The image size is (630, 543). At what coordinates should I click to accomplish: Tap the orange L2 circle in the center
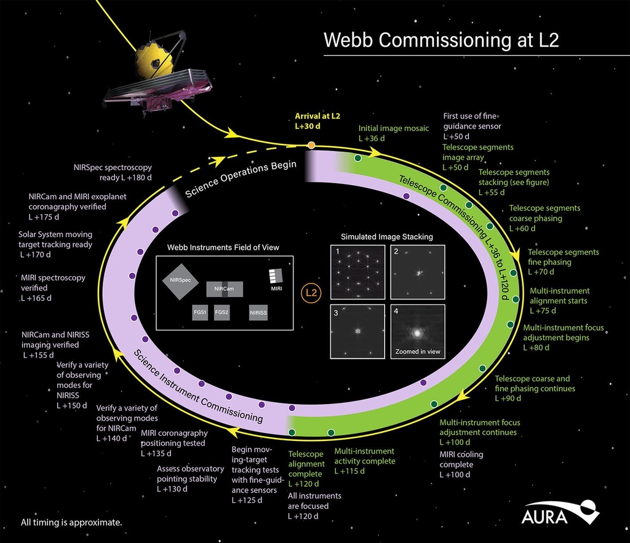pyautogui.click(x=311, y=292)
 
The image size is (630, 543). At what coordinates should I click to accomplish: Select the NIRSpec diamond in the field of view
pyautogui.click(x=181, y=280)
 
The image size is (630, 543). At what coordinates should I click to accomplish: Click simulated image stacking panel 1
pyautogui.click(x=357, y=272)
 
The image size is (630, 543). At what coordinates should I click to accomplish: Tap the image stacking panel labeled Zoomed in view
pyautogui.click(x=417, y=332)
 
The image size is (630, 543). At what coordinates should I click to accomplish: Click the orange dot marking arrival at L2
pyautogui.click(x=311, y=145)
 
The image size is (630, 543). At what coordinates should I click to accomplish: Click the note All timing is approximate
pyautogui.click(x=71, y=523)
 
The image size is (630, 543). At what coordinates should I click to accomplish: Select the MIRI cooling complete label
pyautogui.click(x=461, y=464)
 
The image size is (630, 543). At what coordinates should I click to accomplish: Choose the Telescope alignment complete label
pyautogui.click(x=305, y=464)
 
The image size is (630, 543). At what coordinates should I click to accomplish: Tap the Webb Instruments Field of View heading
pyautogui.click(x=223, y=247)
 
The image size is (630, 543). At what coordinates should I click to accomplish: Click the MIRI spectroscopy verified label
pyautogui.click(x=53, y=288)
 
